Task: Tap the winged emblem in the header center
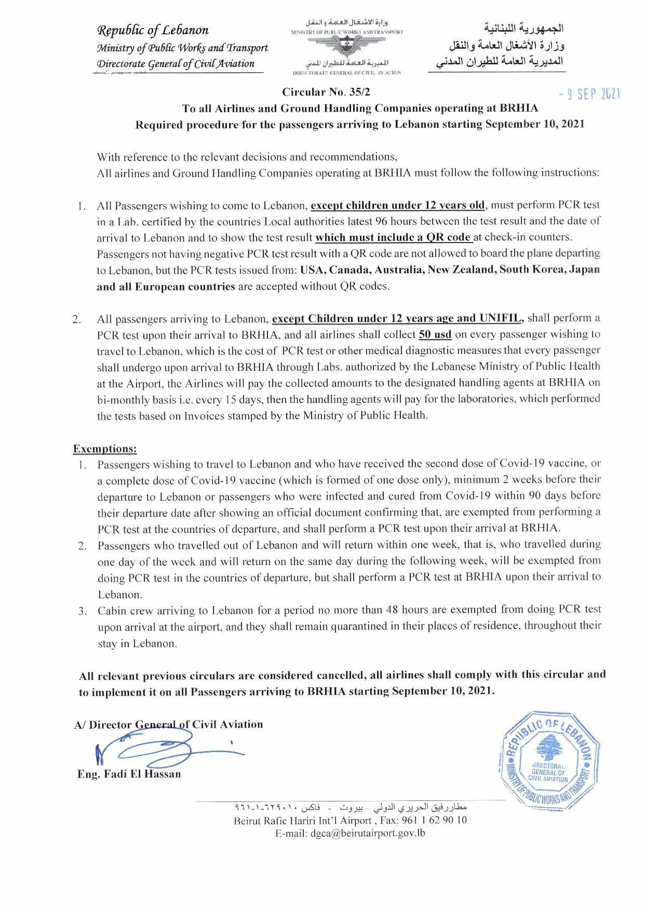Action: (x=346, y=47)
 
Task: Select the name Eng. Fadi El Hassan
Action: (x=129, y=774)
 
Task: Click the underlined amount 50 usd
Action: (x=435, y=335)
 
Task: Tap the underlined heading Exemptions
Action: (x=105, y=449)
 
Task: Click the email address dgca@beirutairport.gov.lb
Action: (x=368, y=833)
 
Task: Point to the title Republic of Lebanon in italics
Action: (x=153, y=30)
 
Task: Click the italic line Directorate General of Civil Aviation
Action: (x=176, y=64)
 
